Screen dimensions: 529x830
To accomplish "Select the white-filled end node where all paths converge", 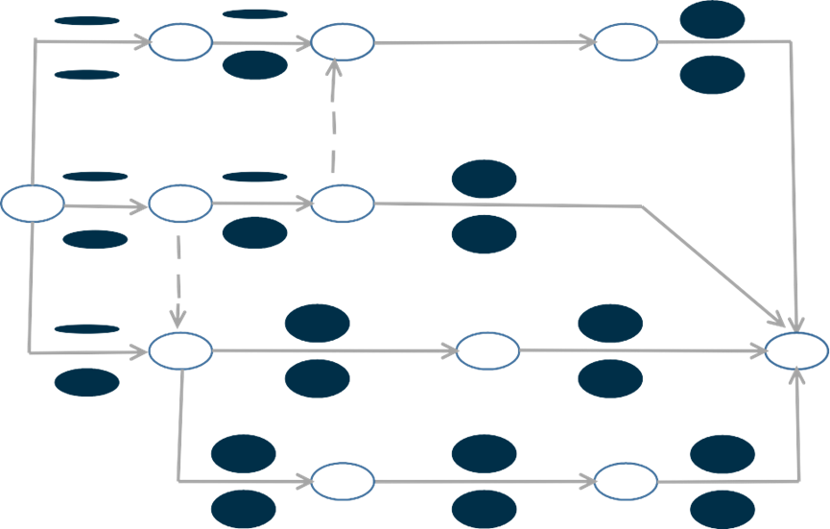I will click(x=796, y=350).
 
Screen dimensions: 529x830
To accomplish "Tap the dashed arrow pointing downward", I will click(x=179, y=274).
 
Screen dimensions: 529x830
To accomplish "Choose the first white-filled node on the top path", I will click(x=180, y=42).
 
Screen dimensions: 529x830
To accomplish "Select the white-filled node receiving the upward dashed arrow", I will click(x=343, y=42).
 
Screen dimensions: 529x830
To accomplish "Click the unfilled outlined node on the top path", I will click(x=626, y=42).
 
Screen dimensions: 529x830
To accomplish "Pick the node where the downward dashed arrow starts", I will click(x=179, y=204).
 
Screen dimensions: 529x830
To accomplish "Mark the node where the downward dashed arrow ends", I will click(x=180, y=350).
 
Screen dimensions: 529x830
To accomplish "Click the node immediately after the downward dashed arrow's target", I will click(x=488, y=351).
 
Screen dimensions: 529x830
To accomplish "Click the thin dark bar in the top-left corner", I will click(x=86, y=20).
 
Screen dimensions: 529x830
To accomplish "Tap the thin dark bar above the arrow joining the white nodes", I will click(x=254, y=13).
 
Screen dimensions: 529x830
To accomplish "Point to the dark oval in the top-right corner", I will click(x=712, y=20).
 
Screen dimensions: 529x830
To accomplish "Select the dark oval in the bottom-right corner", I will click(x=723, y=509).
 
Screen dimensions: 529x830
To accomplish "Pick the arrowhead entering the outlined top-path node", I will click(x=587, y=42).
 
